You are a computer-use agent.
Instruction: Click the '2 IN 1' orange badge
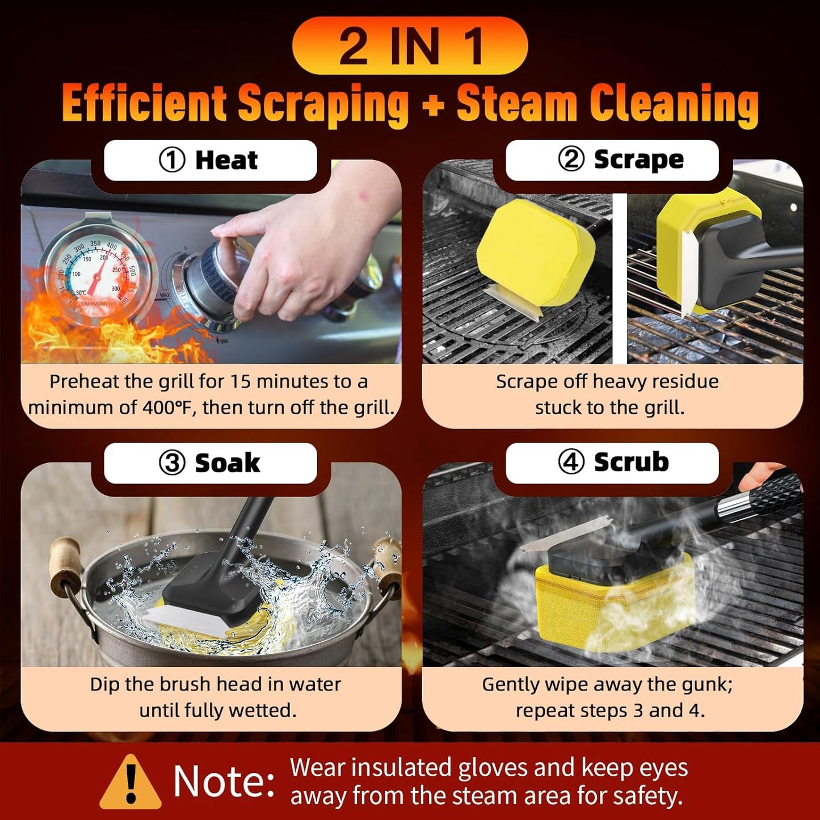(x=410, y=45)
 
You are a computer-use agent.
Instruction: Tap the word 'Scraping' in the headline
(x=323, y=104)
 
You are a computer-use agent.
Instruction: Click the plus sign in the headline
(x=434, y=105)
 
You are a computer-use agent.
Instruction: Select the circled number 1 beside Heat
(x=172, y=160)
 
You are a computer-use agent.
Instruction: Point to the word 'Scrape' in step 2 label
(x=638, y=159)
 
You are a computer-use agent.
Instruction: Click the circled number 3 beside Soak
(x=172, y=463)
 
